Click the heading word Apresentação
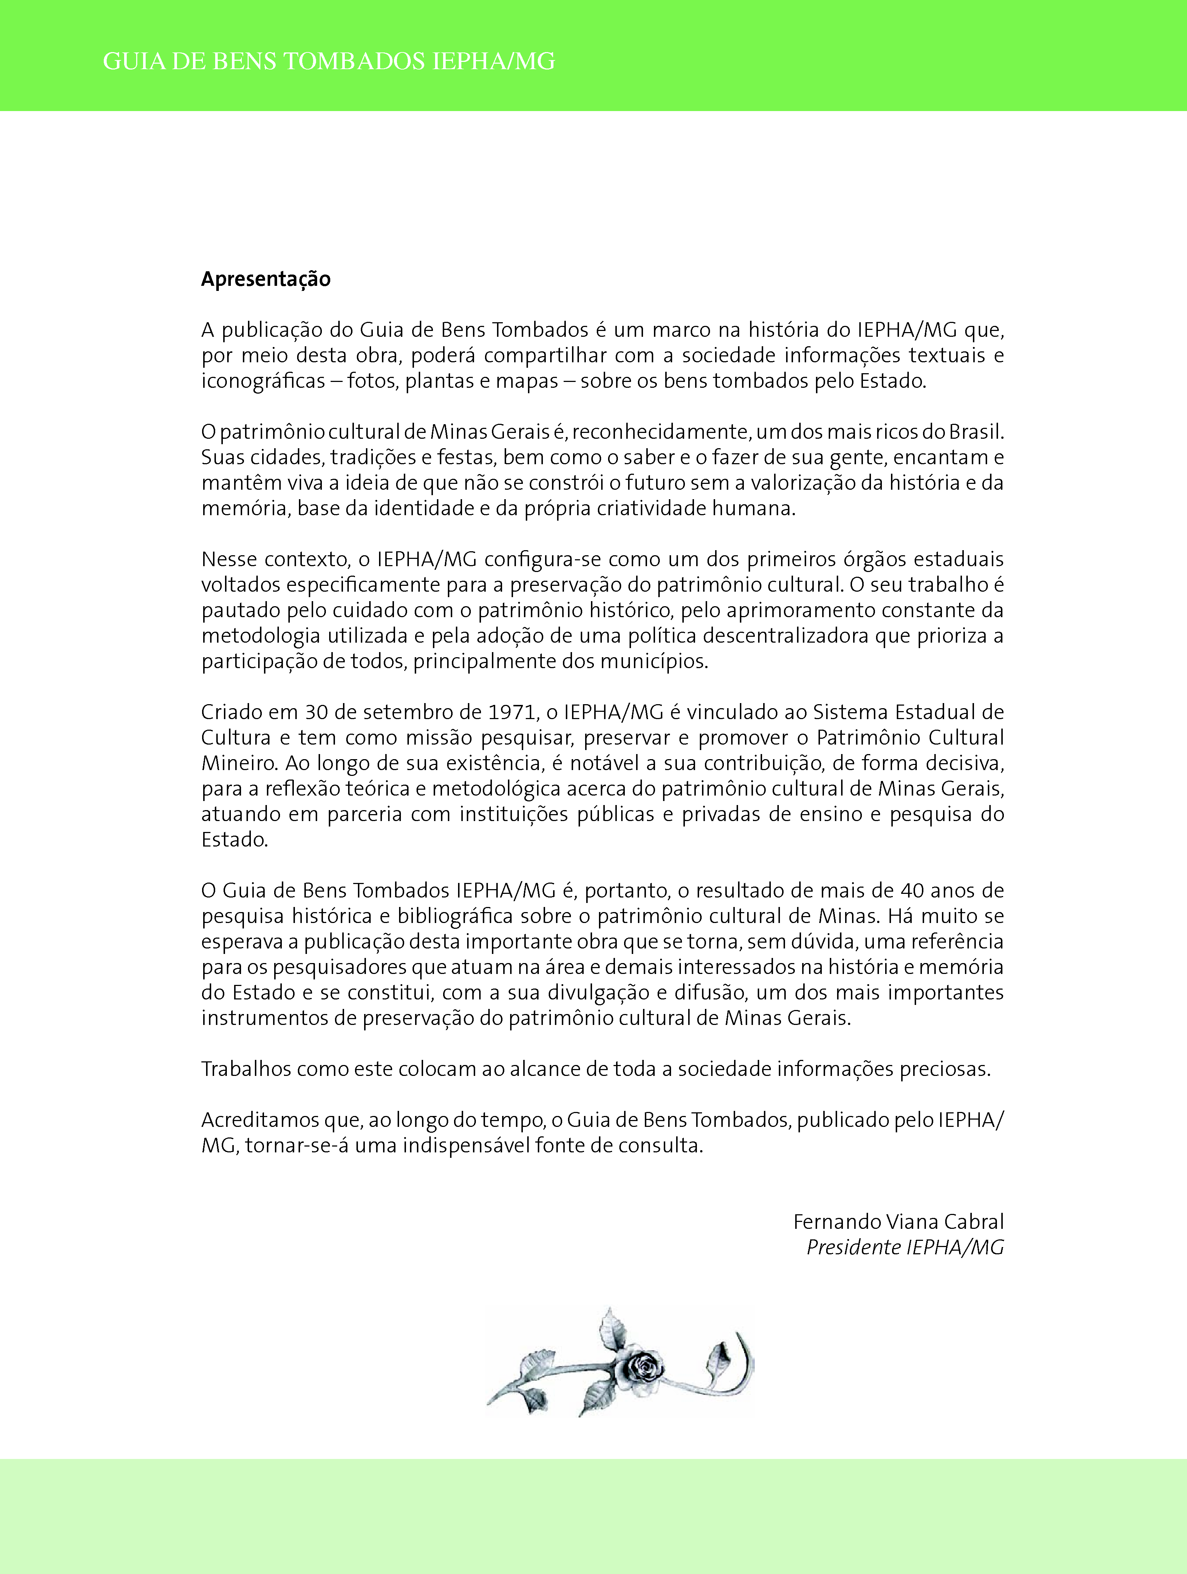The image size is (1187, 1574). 265,279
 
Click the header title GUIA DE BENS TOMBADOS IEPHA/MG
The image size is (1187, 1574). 329,62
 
